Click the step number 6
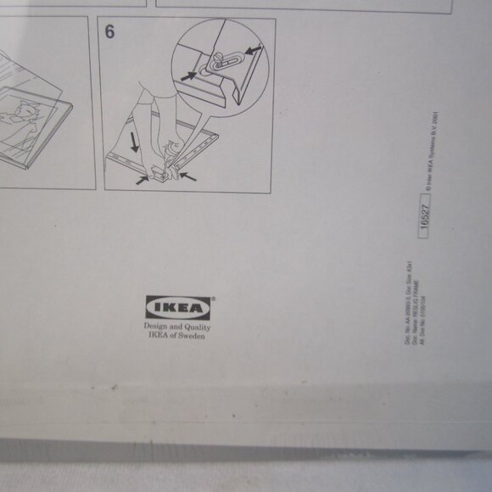109,32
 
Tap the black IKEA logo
178,307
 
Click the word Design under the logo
156,327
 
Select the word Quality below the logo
196,327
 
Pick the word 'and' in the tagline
176,327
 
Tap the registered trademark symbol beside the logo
213,298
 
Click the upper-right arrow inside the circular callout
251,52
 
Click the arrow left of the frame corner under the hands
143,180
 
